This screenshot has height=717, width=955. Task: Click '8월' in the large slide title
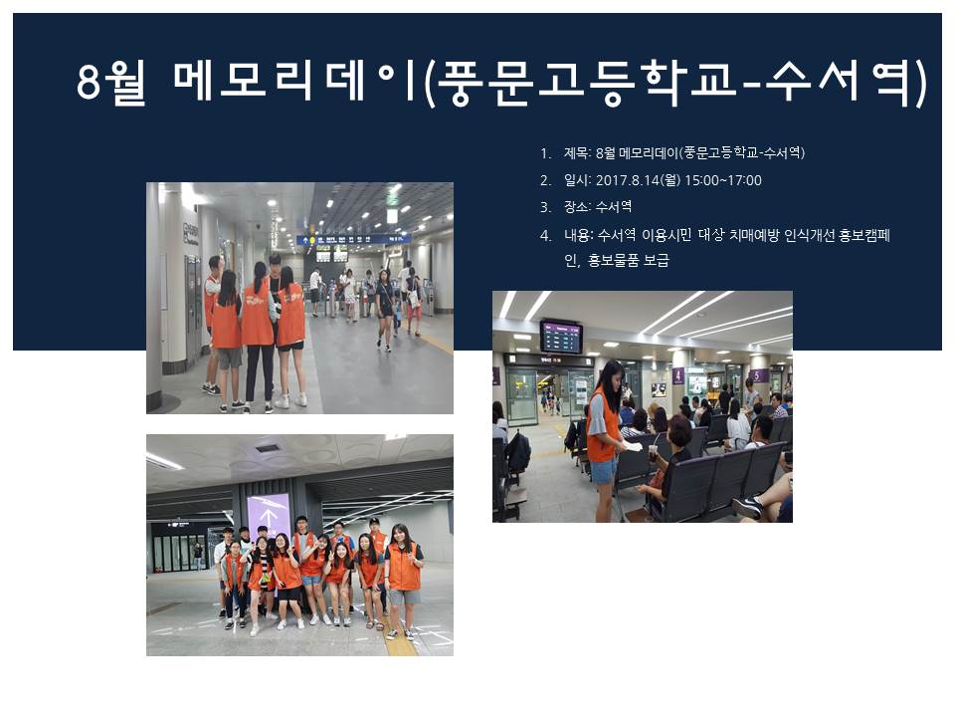(x=111, y=82)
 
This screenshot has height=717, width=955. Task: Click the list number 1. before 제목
(x=546, y=153)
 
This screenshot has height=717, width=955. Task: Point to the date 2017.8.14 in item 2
(x=627, y=180)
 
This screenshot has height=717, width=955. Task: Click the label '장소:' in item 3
(x=577, y=207)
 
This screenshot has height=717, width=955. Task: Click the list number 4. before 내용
(x=546, y=235)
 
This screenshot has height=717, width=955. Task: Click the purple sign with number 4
(x=678, y=374)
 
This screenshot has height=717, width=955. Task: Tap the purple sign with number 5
(x=758, y=375)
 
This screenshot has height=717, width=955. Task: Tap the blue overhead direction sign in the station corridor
(x=352, y=240)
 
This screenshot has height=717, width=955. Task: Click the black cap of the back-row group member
(x=374, y=521)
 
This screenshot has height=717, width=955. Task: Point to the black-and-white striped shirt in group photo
(x=262, y=566)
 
